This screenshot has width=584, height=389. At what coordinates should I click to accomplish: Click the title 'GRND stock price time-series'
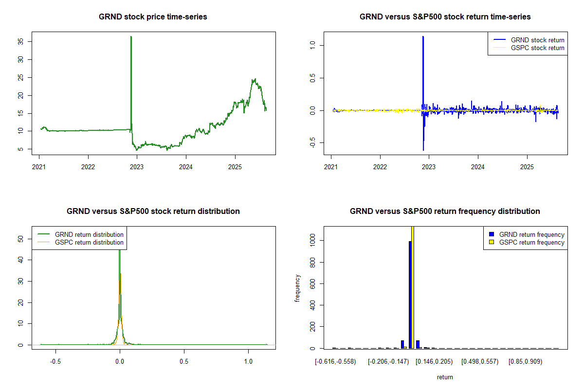(153, 17)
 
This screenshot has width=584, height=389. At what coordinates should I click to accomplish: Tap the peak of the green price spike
(131, 36)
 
